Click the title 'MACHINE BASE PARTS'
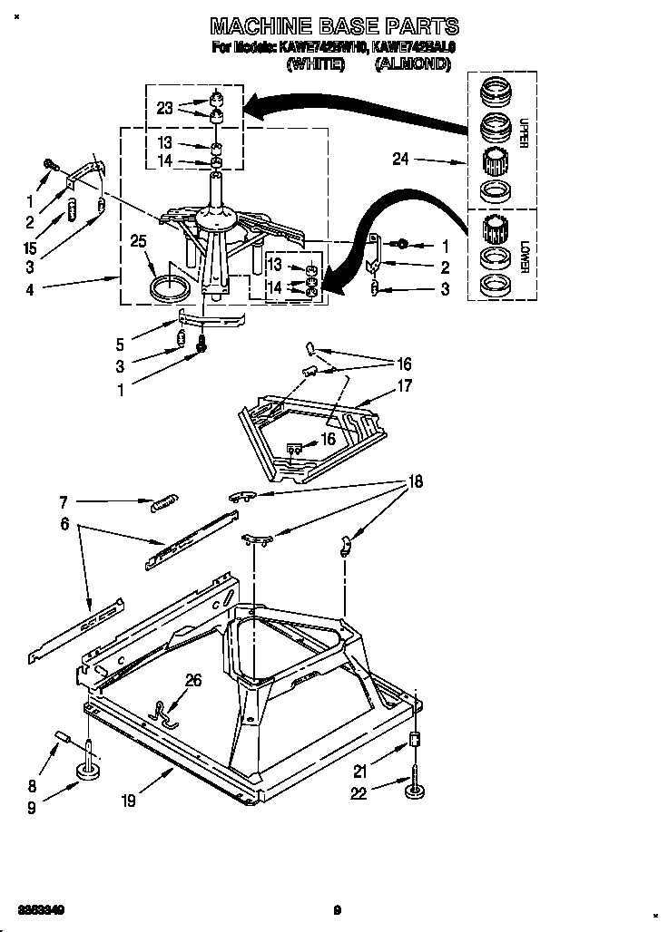[335, 26]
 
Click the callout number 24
[400, 160]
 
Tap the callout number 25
[138, 241]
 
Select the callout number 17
[404, 386]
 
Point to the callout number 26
[193, 680]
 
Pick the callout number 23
[164, 108]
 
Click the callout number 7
[63, 500]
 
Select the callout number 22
[360, 794]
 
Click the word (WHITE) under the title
[315, 64]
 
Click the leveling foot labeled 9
[88, 772]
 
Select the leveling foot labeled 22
[415, 791]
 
